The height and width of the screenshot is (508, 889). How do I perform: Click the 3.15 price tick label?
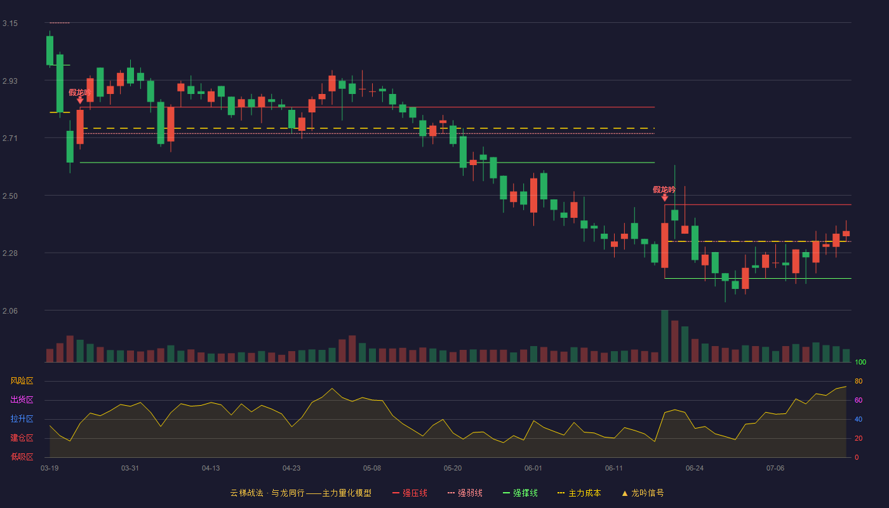pyautogui.click(x=10, y=23)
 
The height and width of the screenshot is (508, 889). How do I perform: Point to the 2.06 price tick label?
pyautogui.click(x=10, y=311)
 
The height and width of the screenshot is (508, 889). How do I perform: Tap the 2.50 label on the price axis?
pyautogui.click(x=10, y=196)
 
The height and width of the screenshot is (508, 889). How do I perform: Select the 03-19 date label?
pyautogui.click(x=50, y=469)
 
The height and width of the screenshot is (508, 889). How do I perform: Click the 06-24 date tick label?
pyautogui.click(x=695, y=469)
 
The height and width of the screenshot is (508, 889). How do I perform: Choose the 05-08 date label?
pyautogui.click(x=372, y=469)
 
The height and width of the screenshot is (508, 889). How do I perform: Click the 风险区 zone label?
pyautogui.click(x=22, y=381)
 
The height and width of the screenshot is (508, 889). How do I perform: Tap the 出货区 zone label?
pyautogui.click(x=22, y=399)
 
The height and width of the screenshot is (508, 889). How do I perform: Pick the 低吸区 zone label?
pyautogui.click(x=22, y=457)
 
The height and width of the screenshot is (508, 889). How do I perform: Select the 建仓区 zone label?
pyautogui.click(x=22, y=438)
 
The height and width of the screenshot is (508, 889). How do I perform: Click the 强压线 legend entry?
pyautogui.click(x=410, y=493)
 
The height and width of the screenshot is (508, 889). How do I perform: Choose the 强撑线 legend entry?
pyautogui.click(x=520, y=493)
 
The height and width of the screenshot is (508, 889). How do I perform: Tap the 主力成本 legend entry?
pyautogui.click(x=579, y=493)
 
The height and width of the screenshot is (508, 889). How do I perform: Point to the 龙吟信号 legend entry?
pyautogui.click(x=643, y=493)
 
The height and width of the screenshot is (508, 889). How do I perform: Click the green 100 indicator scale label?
pyautogui.click(x=860, y=362)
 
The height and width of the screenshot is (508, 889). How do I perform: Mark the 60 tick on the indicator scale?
pyautogui.click(x=859, y=400)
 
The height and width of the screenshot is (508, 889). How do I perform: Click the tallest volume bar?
pyautogui.click(x=664, y=336)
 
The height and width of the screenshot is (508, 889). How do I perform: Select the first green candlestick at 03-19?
pyautogui.click(x=50, y=50)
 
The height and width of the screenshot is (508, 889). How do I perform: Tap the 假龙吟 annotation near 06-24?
pyautogui.click(x=664, y=190)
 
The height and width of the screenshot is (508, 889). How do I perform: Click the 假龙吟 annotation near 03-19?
pyautogui.click(x=80, y=93)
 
